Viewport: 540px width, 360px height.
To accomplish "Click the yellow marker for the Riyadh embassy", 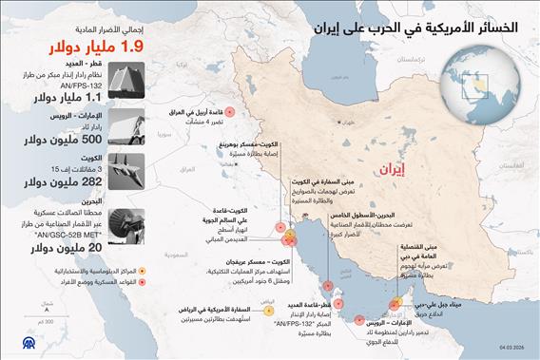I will (267, 311).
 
